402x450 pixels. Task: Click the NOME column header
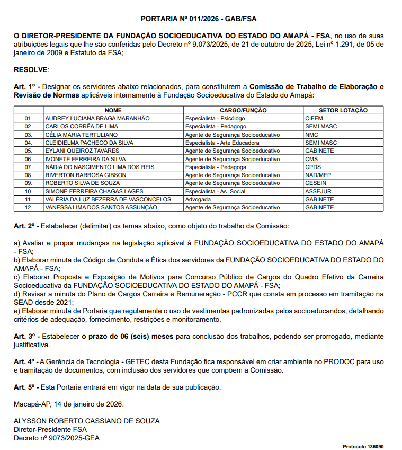point(113,110)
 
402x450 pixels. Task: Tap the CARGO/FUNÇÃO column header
point(243,110)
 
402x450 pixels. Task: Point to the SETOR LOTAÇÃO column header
point(343,110)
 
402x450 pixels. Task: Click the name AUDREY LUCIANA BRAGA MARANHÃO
point(97,118)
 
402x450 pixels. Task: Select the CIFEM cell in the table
point(314,118)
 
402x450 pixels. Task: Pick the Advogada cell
point(198,199)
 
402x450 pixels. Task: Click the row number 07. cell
point(29,167)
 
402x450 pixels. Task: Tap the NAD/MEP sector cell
point(318,175)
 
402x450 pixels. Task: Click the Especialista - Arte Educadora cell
point(222,143)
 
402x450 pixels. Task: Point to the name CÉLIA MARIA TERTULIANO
point(82,135)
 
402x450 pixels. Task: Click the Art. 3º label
point(24,337)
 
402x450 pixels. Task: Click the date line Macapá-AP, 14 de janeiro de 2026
point(68,404)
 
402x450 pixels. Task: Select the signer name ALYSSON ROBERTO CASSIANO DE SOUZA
point(86,421)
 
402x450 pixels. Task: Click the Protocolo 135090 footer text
point(363,446)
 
